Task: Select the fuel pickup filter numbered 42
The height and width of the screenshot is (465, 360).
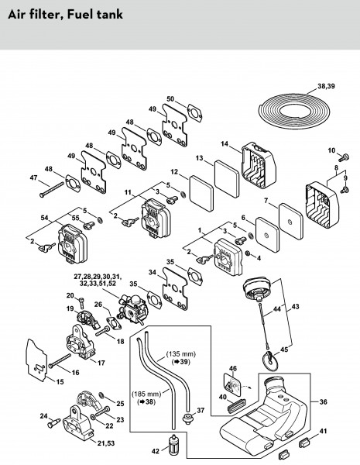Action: coord(172,445)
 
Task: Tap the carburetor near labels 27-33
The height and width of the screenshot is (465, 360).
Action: coord(132,309)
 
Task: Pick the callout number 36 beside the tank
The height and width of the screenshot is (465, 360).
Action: coord(323,401)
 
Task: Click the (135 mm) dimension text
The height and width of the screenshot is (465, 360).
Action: coord(180,354)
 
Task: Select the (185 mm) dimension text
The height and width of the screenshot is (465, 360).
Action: coord(146,394)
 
